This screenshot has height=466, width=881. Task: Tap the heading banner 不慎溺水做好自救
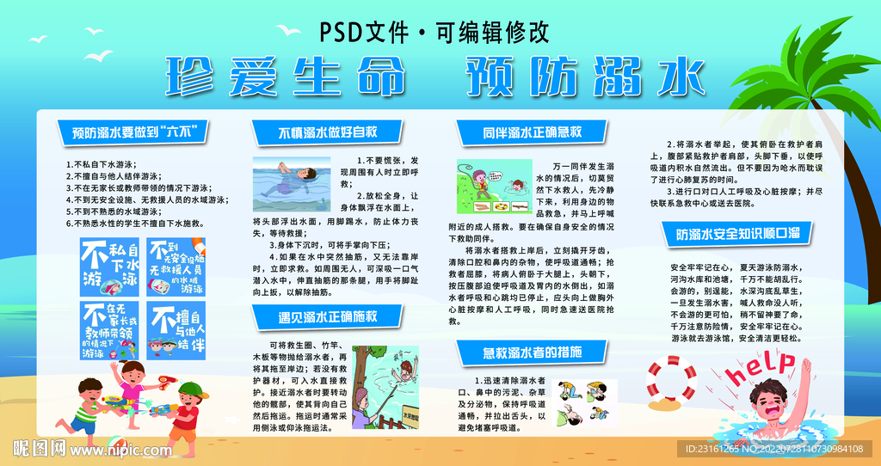[328, 132]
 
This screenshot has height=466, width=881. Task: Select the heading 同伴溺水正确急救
[532, 132]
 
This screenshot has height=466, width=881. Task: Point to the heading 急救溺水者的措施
[532, 352]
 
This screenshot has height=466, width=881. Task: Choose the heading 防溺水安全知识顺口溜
[738, 233]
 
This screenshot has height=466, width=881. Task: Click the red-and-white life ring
[675, 380]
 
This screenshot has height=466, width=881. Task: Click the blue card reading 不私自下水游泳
[107, 264]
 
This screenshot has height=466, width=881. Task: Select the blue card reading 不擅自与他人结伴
[176, 328]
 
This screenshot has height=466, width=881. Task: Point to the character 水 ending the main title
[672, 78]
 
